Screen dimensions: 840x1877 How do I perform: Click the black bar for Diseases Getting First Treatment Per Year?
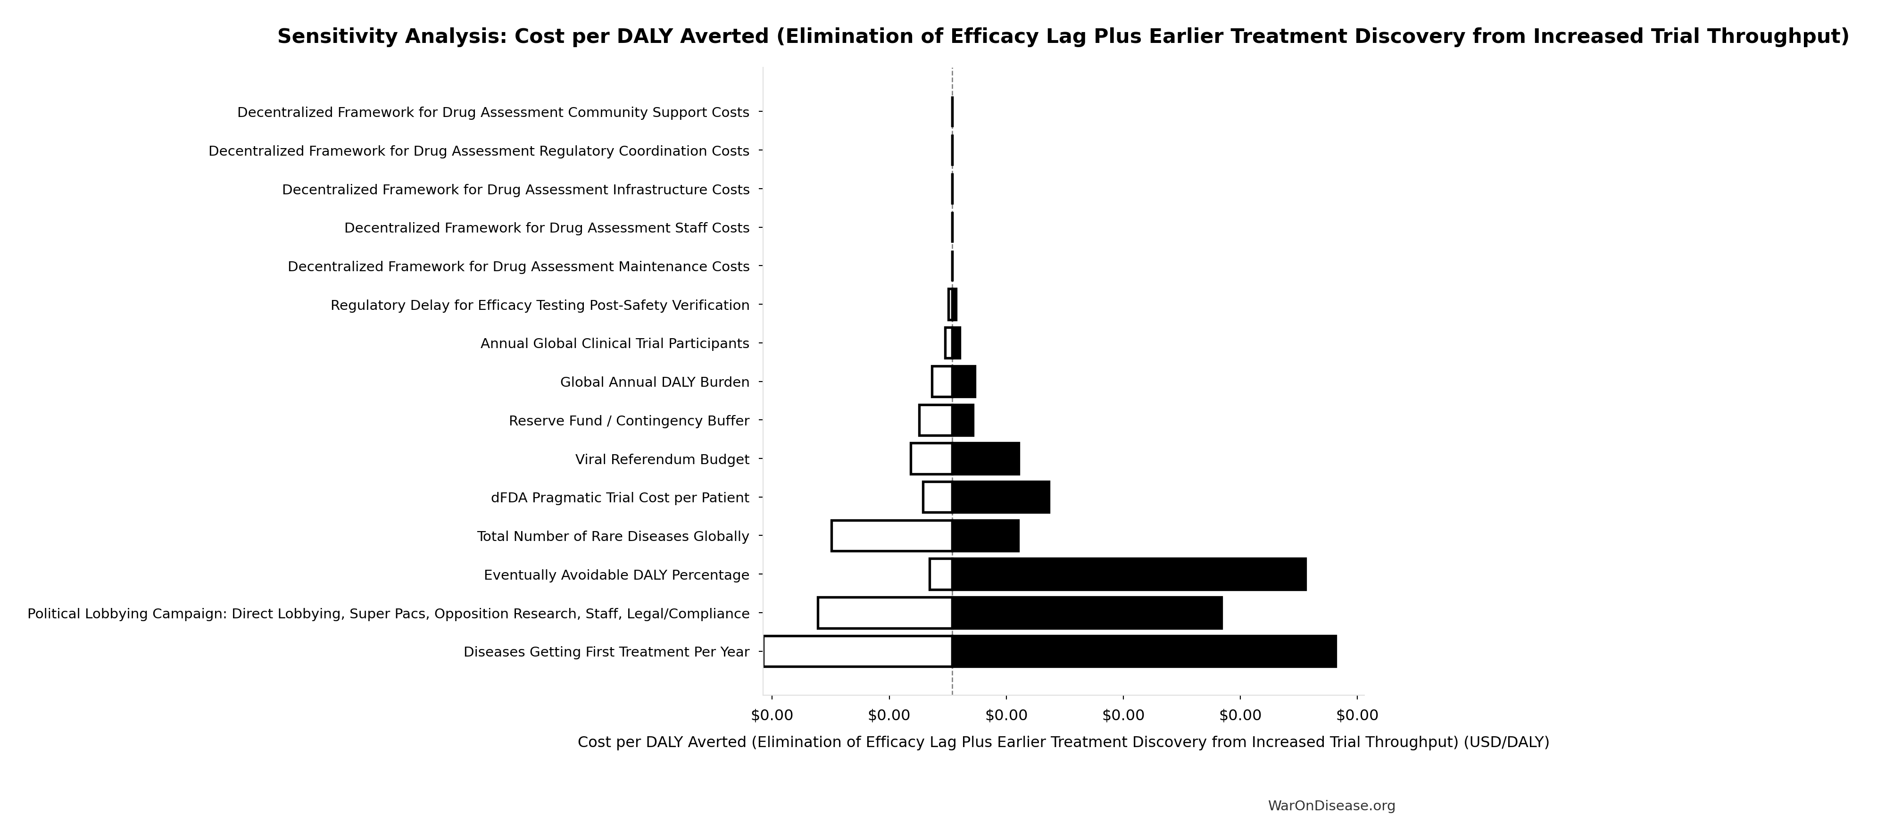point(1144,651)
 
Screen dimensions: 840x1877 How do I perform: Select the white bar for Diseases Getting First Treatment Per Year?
point(858,651)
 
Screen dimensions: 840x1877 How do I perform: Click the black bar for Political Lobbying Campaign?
point(1087,613)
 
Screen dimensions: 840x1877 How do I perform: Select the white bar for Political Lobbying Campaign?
point(885,613)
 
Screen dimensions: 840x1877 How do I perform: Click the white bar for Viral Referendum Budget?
point(931,459)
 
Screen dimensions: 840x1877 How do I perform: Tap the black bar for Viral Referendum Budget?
point(985,459)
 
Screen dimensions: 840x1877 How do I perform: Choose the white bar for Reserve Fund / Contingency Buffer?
point(936,420)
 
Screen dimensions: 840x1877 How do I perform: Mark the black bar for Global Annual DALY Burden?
point(963,382)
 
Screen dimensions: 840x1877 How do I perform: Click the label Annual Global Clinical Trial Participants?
point(614,343)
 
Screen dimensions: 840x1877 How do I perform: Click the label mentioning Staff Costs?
point(547,228)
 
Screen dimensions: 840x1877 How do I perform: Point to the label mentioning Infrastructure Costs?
point(515,190)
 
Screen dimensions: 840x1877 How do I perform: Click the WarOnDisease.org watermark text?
point(1331,806)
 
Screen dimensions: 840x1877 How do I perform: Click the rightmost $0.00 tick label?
point(1357,715)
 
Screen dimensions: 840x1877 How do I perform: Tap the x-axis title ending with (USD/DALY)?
point(1063,742)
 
